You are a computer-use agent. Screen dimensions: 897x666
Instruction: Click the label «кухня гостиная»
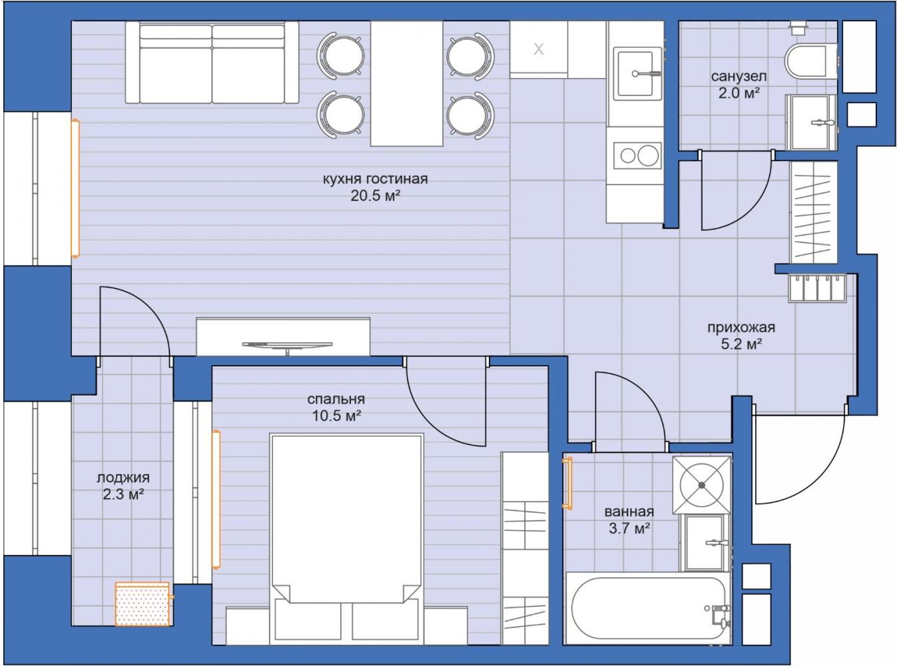point(375,178)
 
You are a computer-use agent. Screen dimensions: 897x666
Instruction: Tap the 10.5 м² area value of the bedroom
point(336,416)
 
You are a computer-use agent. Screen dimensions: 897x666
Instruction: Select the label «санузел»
point(739,76)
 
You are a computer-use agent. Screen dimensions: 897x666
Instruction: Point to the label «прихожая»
point(741,327)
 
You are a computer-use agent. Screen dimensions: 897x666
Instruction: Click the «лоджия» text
point(123,478)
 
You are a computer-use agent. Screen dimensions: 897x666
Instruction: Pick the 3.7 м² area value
point(629,528)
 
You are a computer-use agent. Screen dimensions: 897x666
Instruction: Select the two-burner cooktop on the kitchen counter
point(637,155)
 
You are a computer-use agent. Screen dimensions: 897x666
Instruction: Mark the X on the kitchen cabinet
point(539,49)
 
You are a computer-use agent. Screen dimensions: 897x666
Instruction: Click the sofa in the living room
point(212,63)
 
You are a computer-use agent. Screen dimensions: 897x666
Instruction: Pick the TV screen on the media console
point(287,345)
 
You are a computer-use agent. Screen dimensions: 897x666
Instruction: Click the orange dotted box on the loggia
point(143,604)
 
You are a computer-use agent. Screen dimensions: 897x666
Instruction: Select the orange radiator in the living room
point(75,188)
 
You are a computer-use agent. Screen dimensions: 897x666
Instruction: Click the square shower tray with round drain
point(702,485)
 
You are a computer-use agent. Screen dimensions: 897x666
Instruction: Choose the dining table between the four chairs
point(407,83)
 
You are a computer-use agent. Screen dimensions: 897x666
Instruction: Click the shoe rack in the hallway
point(817,288)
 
